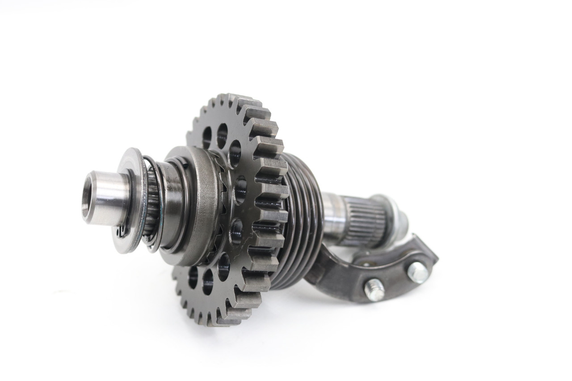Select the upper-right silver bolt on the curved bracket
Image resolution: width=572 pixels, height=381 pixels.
(417, 271)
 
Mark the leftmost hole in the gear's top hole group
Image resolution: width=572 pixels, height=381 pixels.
(207, 137)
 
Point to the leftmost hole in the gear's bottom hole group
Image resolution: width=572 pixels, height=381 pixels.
(193, 277)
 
